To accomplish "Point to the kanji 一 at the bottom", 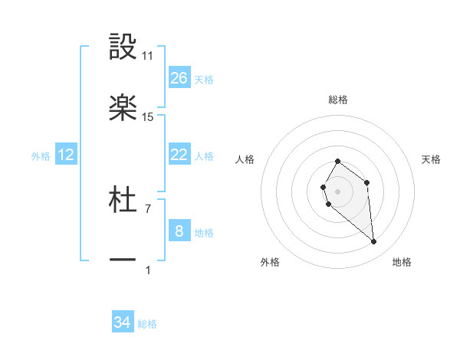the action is tap(123, 260).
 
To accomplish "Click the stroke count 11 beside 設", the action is tap(148, 56).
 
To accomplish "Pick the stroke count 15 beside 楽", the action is tap(148, 117).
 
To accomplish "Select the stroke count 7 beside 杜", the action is tap(148, 208).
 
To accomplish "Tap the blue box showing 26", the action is tap(179, 78).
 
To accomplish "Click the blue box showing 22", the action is tap(179, 155).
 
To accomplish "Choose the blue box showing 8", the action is tap(179, 231).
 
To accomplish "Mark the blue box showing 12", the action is tap(66, 155).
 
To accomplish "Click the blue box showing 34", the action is tap(122, 322).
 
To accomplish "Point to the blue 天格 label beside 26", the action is tap(203, 80).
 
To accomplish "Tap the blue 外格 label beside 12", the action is tap(41, 156).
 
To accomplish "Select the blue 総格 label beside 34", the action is tap(147, 324).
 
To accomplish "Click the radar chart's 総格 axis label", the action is tap(337, 100).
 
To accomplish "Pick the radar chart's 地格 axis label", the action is tap(402, 262).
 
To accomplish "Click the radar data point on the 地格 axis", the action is tap(374, 242).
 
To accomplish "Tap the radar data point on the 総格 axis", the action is tap(337, 162).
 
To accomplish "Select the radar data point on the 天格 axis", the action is tap(367, 182).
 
